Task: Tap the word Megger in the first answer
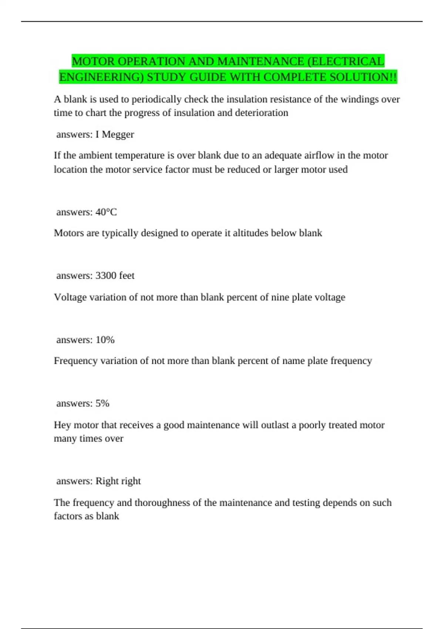[118, 134]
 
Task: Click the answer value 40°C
[106, 212]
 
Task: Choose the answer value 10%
[105, 340]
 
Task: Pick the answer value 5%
[102, 403]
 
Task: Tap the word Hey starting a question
[62, 425]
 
